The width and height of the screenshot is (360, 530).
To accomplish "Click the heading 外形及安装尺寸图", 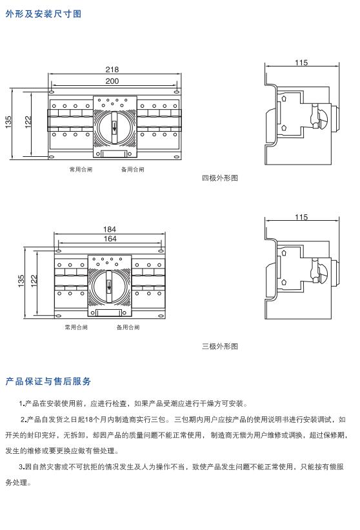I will click(x=43, y=14).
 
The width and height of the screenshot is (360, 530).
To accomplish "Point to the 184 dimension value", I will click(x=110, y=229).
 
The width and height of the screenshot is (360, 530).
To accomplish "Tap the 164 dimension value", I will click(x=110, y=239).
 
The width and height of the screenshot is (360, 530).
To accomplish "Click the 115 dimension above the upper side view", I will click(x=301, y=63).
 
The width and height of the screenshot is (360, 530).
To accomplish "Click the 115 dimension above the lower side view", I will click(x=301, y=218).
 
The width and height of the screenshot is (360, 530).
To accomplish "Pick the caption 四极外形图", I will click(x=220, y=178).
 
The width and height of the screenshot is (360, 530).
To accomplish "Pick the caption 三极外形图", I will click(x=220, y=346).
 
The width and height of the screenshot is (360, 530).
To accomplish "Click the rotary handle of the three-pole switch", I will click(x=110, y=284).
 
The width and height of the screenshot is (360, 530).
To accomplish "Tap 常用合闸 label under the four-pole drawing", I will click(x=81, y=170).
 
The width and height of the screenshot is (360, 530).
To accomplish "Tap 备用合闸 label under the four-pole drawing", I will click(x=133, y=170).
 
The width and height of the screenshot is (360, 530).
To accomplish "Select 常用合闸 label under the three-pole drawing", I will click(x=76, y=327).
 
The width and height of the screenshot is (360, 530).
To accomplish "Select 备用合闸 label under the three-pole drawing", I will click(x=128, y=327).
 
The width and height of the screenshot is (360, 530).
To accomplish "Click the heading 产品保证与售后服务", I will click(x=48, y=382).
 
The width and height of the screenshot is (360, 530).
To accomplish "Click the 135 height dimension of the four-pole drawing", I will click(x=9, y=122).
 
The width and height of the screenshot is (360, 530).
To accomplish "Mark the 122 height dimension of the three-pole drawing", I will click(x=35, y=281).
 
